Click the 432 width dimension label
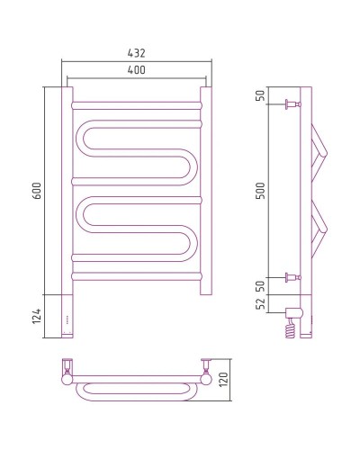(x=137, y=53)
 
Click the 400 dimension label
(x=137, y=70)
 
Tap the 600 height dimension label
(x=38, y=191)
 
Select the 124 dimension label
(x=37, y=316)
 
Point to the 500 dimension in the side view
(x=261, y=191)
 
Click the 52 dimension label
(x=261, y=303)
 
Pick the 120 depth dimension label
(x=223, y=380)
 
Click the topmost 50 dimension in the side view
(x=261, y=95)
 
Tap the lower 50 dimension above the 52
(x=261, y=286)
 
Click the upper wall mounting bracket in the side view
(x=293, y=104)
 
